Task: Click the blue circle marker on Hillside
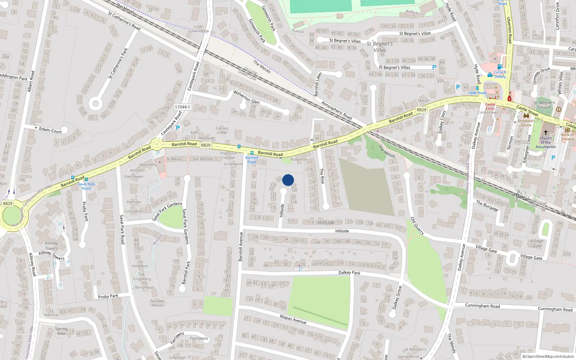point(288,180)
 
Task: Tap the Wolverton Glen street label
point(246,97)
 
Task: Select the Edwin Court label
point(50,130)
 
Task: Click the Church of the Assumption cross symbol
point(545,132)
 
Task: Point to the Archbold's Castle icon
point(526,116)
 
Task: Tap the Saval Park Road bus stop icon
point(86,179)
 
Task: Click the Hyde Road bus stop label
point(477,93)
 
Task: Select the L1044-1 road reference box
point(183,107)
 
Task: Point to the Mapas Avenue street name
point(293,319)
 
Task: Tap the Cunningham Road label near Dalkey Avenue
point(482,306)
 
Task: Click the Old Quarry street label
point(417,226)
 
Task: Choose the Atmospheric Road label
point(337,110)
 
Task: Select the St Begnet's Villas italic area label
point(380,47)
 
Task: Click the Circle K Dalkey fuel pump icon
point(500,67)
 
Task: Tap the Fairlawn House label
point(157,303)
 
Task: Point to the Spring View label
point(61,331)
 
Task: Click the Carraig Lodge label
point(222,130)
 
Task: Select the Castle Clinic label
point(490,106)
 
